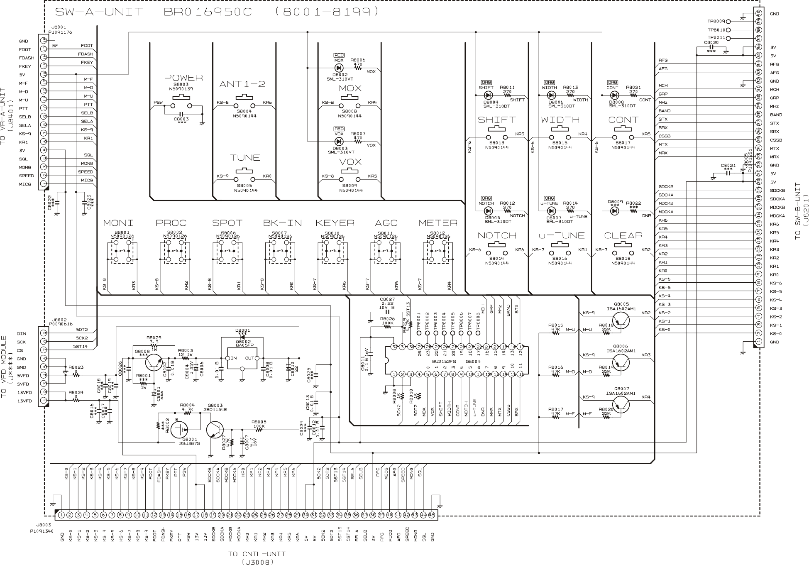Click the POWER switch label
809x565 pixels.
click(x=183, y=78)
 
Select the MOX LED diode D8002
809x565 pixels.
click(x=339, y=68)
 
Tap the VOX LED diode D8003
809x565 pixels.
click(x=339, y=141)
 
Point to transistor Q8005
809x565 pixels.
click(x=621, y=320)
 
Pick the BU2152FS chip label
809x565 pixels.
click(x=440, y=362)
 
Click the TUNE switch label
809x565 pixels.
click(x=245, y=158)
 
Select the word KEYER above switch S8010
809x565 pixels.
click(x=335, y=223)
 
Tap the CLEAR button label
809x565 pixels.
click(x=623, y=236)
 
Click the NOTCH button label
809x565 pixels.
click(x=497, y=236)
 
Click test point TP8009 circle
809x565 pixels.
click(x=729, y=22)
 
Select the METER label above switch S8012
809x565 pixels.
click(x=438, y=223)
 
